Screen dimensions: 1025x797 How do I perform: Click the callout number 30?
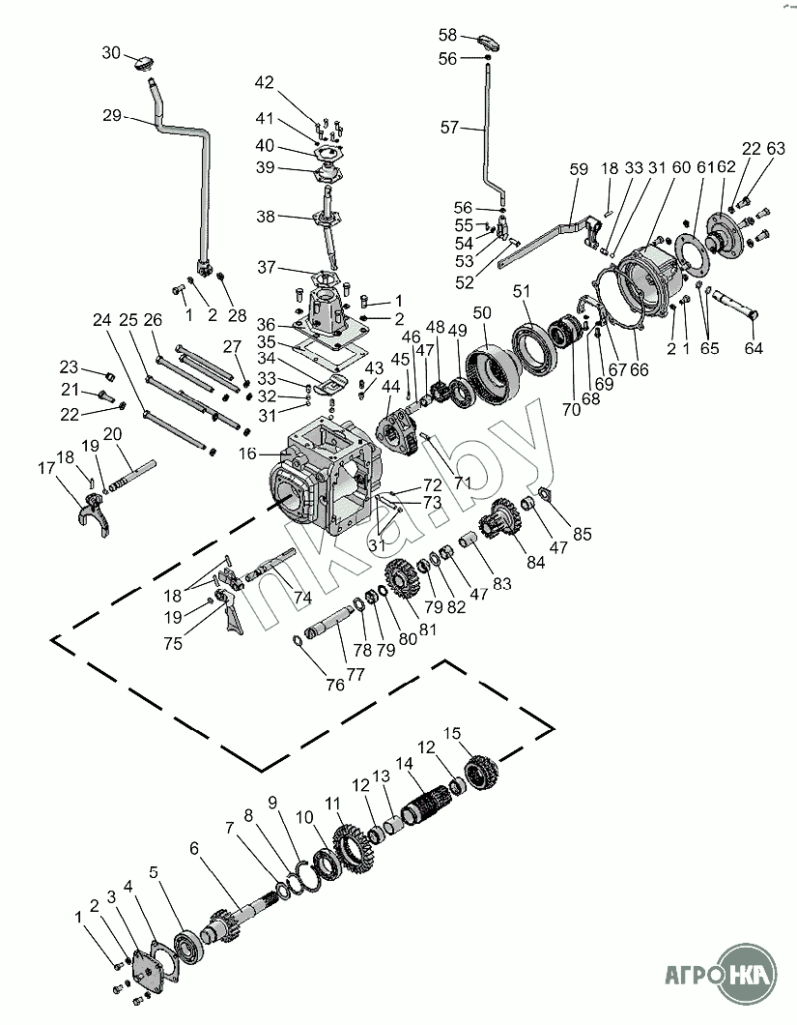(112, 53)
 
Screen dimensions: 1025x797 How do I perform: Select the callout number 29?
(112, 115)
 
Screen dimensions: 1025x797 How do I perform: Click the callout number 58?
(447, 36)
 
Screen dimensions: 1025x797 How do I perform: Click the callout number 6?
(194, 848)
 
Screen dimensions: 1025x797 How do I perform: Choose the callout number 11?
(333, 803)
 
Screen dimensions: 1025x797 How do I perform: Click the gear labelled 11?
(354, 846)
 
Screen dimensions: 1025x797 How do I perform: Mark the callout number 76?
(334, 685)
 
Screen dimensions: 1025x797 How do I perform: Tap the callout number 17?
(45, 468)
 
